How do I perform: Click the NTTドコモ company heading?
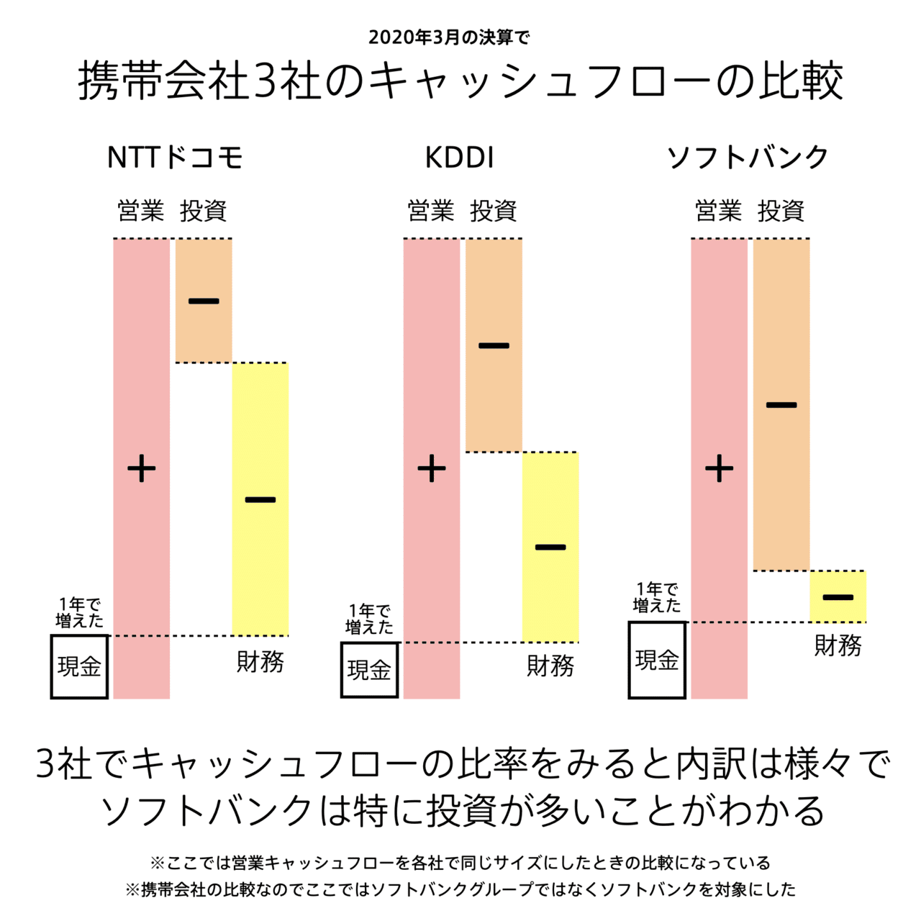pyautogui.click(x=175, y=158)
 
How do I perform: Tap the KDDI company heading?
pyautogui.click(x=459, y=158)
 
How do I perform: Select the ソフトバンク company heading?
pyautogui.click(x=748, y=158)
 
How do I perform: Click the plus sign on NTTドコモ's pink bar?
pyautogui.click(x=142, y=469)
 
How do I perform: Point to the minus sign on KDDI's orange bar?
pyautogui.click(x=494, y=346)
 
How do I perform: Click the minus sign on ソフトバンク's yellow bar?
pyautogui.click(x=838, y=597)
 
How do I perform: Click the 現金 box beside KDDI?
pyautogui.click(x=369, y=670)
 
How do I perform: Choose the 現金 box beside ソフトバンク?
pyautogui.click(x=657, y=660)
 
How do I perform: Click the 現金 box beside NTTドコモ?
pyautogui.click(x=79, y=666)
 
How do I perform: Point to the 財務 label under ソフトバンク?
pyautogui.click(x=838, y=645)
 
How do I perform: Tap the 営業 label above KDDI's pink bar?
pyautogui.click(x=430, y=211)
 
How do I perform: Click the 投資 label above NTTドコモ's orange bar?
pyautogui.click(x=204, y=211)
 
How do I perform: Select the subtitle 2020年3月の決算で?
pyautogui.click(x=449, y=37)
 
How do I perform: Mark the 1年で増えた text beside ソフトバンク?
pyautogui.click(x=657, y=598)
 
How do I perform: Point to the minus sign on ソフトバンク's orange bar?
pyautogui.click(x=781, y=405)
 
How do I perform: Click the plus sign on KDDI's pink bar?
pyautogui.click(x=432, y=469)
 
